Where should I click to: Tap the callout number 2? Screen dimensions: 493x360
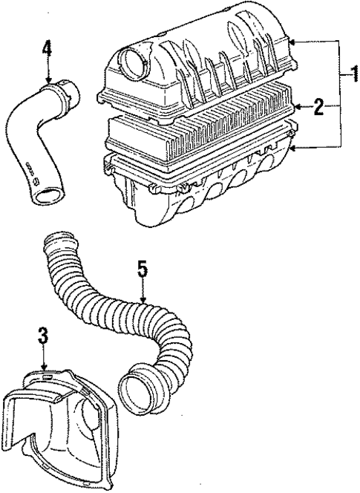click(x=317, y=108)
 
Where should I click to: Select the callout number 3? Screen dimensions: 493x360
click(x=44, y=336)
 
